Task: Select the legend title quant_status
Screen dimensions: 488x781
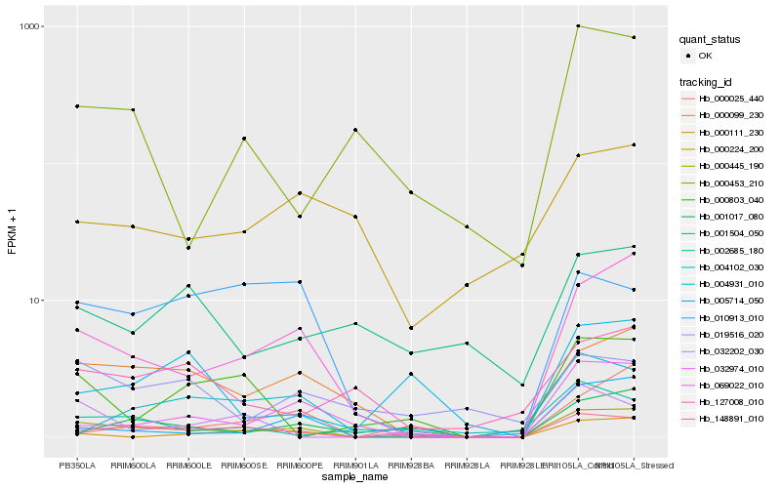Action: tap(713, 40)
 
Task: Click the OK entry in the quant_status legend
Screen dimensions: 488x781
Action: tap(705, 56)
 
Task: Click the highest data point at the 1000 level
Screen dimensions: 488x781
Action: tap(579, 26)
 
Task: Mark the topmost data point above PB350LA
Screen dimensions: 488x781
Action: tap(77, 106)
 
